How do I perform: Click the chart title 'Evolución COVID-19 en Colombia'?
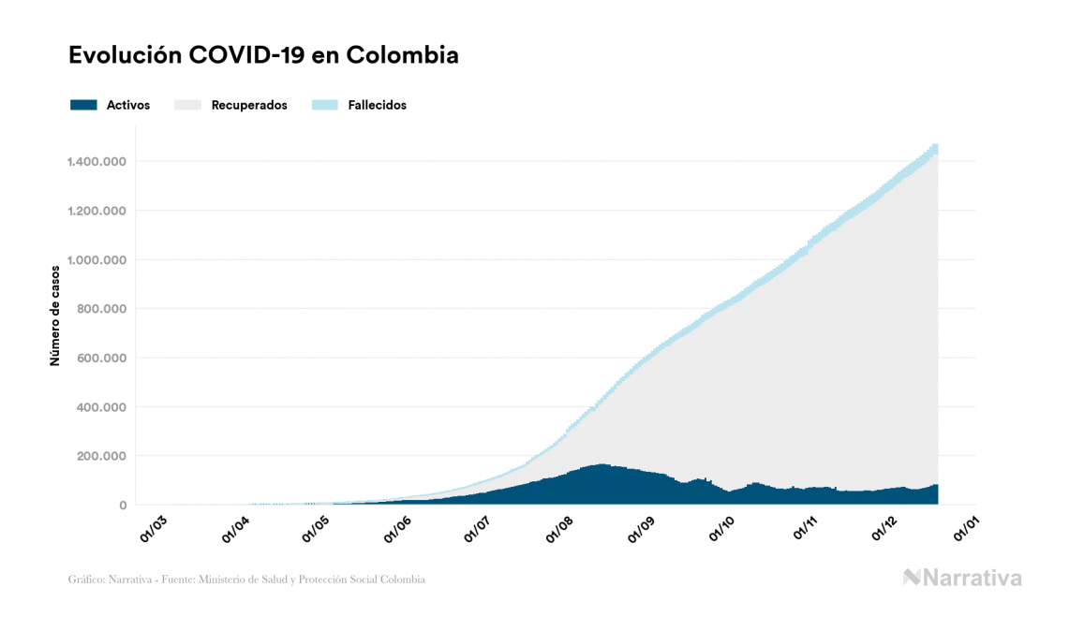(263, 55)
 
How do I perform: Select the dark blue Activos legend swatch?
(83, 105)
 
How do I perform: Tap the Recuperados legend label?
(249, 105)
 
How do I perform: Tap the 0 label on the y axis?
(123, 506)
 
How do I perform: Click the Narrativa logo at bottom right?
(962, 578)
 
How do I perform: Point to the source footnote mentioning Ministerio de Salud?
(246, 580)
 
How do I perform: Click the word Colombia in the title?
(403, 55)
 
